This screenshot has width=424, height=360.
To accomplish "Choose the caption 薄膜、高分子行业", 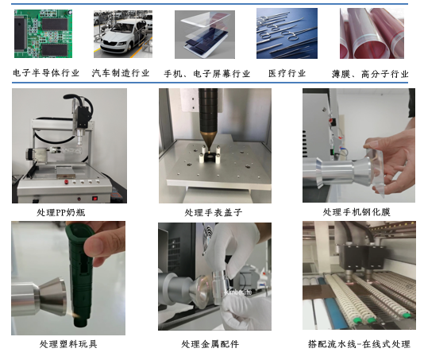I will pos(369,74).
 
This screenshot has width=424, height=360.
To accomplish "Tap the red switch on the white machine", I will pos(94,198).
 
